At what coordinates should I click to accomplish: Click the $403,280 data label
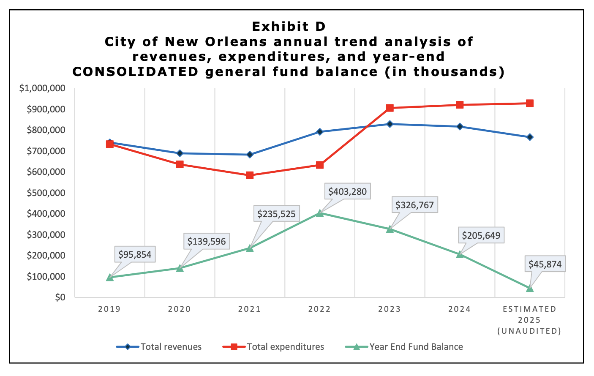(x=347, y=192)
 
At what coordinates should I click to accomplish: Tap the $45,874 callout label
(x=545, y=264)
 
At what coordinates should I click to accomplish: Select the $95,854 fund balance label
(x=134, y=255)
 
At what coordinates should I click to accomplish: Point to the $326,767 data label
(x=414, y=205)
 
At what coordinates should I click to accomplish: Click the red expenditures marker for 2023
(x=390, y=108)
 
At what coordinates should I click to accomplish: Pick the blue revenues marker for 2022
(x=319, y=132)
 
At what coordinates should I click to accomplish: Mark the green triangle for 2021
(x=250, y=248)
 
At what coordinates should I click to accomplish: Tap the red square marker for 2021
(x=250, y=175)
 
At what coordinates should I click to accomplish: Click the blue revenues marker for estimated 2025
(x=530, y=137)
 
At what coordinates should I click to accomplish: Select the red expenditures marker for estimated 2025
(x=530, y=104)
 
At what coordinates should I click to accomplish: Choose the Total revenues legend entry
(x=159, y=347)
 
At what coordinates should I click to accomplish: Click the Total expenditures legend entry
(x=274, y=347)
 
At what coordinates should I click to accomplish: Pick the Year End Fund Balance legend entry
(x=404, y=347)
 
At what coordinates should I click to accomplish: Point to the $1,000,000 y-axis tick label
(x=42, y=88)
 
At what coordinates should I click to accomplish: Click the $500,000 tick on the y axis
(x=46, y=193)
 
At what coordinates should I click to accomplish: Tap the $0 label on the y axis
(x=60, y=297)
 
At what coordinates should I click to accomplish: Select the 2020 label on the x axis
(x=180, y=309)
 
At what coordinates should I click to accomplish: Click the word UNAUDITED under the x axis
(x=529, y=331)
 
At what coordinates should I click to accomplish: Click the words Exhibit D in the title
(x=289, y=27)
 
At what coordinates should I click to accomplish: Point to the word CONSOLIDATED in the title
(x=135, y=72)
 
